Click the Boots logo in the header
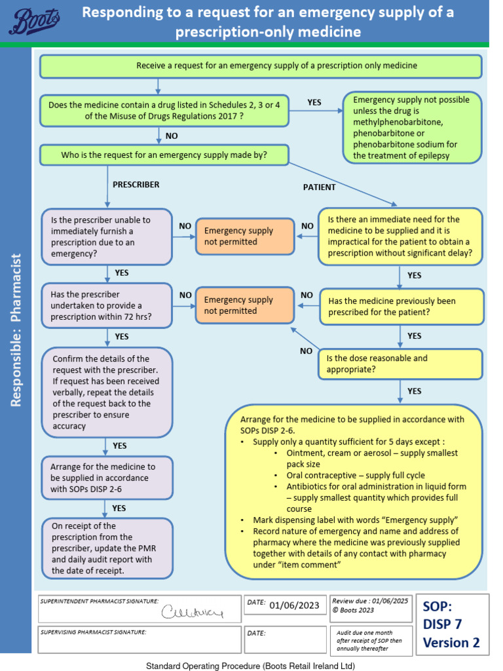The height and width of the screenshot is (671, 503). [34, 21]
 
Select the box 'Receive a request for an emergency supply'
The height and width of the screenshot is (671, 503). [261, 66]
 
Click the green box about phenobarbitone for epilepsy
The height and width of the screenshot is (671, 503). [412, 128]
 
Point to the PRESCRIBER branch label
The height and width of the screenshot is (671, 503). [136, 185]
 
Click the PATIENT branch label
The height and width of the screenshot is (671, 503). [319, 187]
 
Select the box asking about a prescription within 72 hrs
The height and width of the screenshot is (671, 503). [107, 305]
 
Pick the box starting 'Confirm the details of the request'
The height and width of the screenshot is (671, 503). [107, 393]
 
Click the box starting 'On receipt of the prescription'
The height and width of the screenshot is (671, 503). [107, 548]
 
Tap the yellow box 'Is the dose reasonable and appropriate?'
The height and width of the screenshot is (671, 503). [400, 364]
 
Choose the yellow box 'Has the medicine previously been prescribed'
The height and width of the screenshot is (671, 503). [401, 307]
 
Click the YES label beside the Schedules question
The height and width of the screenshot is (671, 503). [314, 103]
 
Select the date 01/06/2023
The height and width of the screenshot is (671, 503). [294, 605]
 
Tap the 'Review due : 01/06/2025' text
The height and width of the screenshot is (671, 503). [369, 600]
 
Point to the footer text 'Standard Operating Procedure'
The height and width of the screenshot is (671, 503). [250, 665]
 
